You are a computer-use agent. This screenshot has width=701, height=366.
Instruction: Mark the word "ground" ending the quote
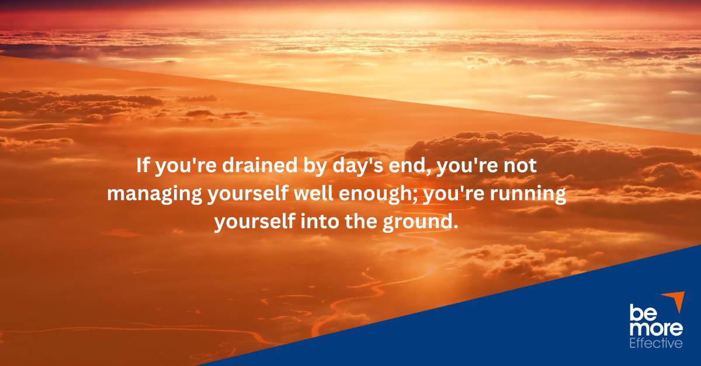(x=422, y=223)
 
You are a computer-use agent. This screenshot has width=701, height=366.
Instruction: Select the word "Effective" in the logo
(x=655, y=343)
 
